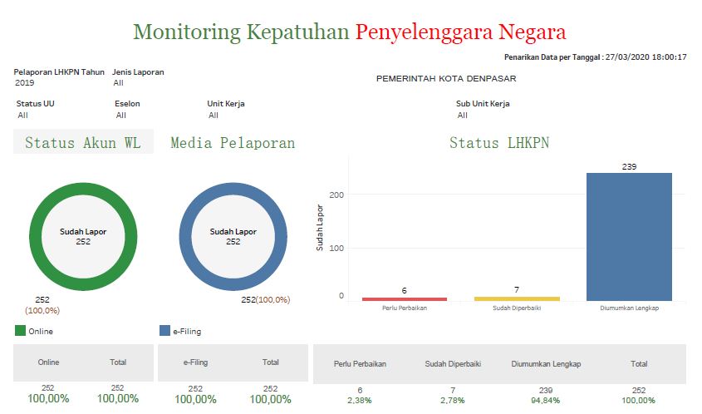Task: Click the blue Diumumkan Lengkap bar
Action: (x=629, y=236)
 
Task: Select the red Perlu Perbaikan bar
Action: (x=405, y=298)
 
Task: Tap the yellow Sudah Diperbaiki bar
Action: (x=517, y=298)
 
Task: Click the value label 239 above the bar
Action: (x=629, y=167)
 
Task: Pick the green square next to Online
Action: (x=21, y=331)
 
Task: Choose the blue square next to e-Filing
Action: (x=164, y=331)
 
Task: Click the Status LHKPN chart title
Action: (x=498, y=143)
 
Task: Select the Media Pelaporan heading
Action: (x=233, y=143)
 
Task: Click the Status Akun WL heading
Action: (x=83, y=143)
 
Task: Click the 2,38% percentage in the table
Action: (x=360, y=400)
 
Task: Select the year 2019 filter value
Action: (x=24, y=83)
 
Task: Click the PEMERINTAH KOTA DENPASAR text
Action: (x=446, y=79)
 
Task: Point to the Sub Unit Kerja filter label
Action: (x=483, y=104)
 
